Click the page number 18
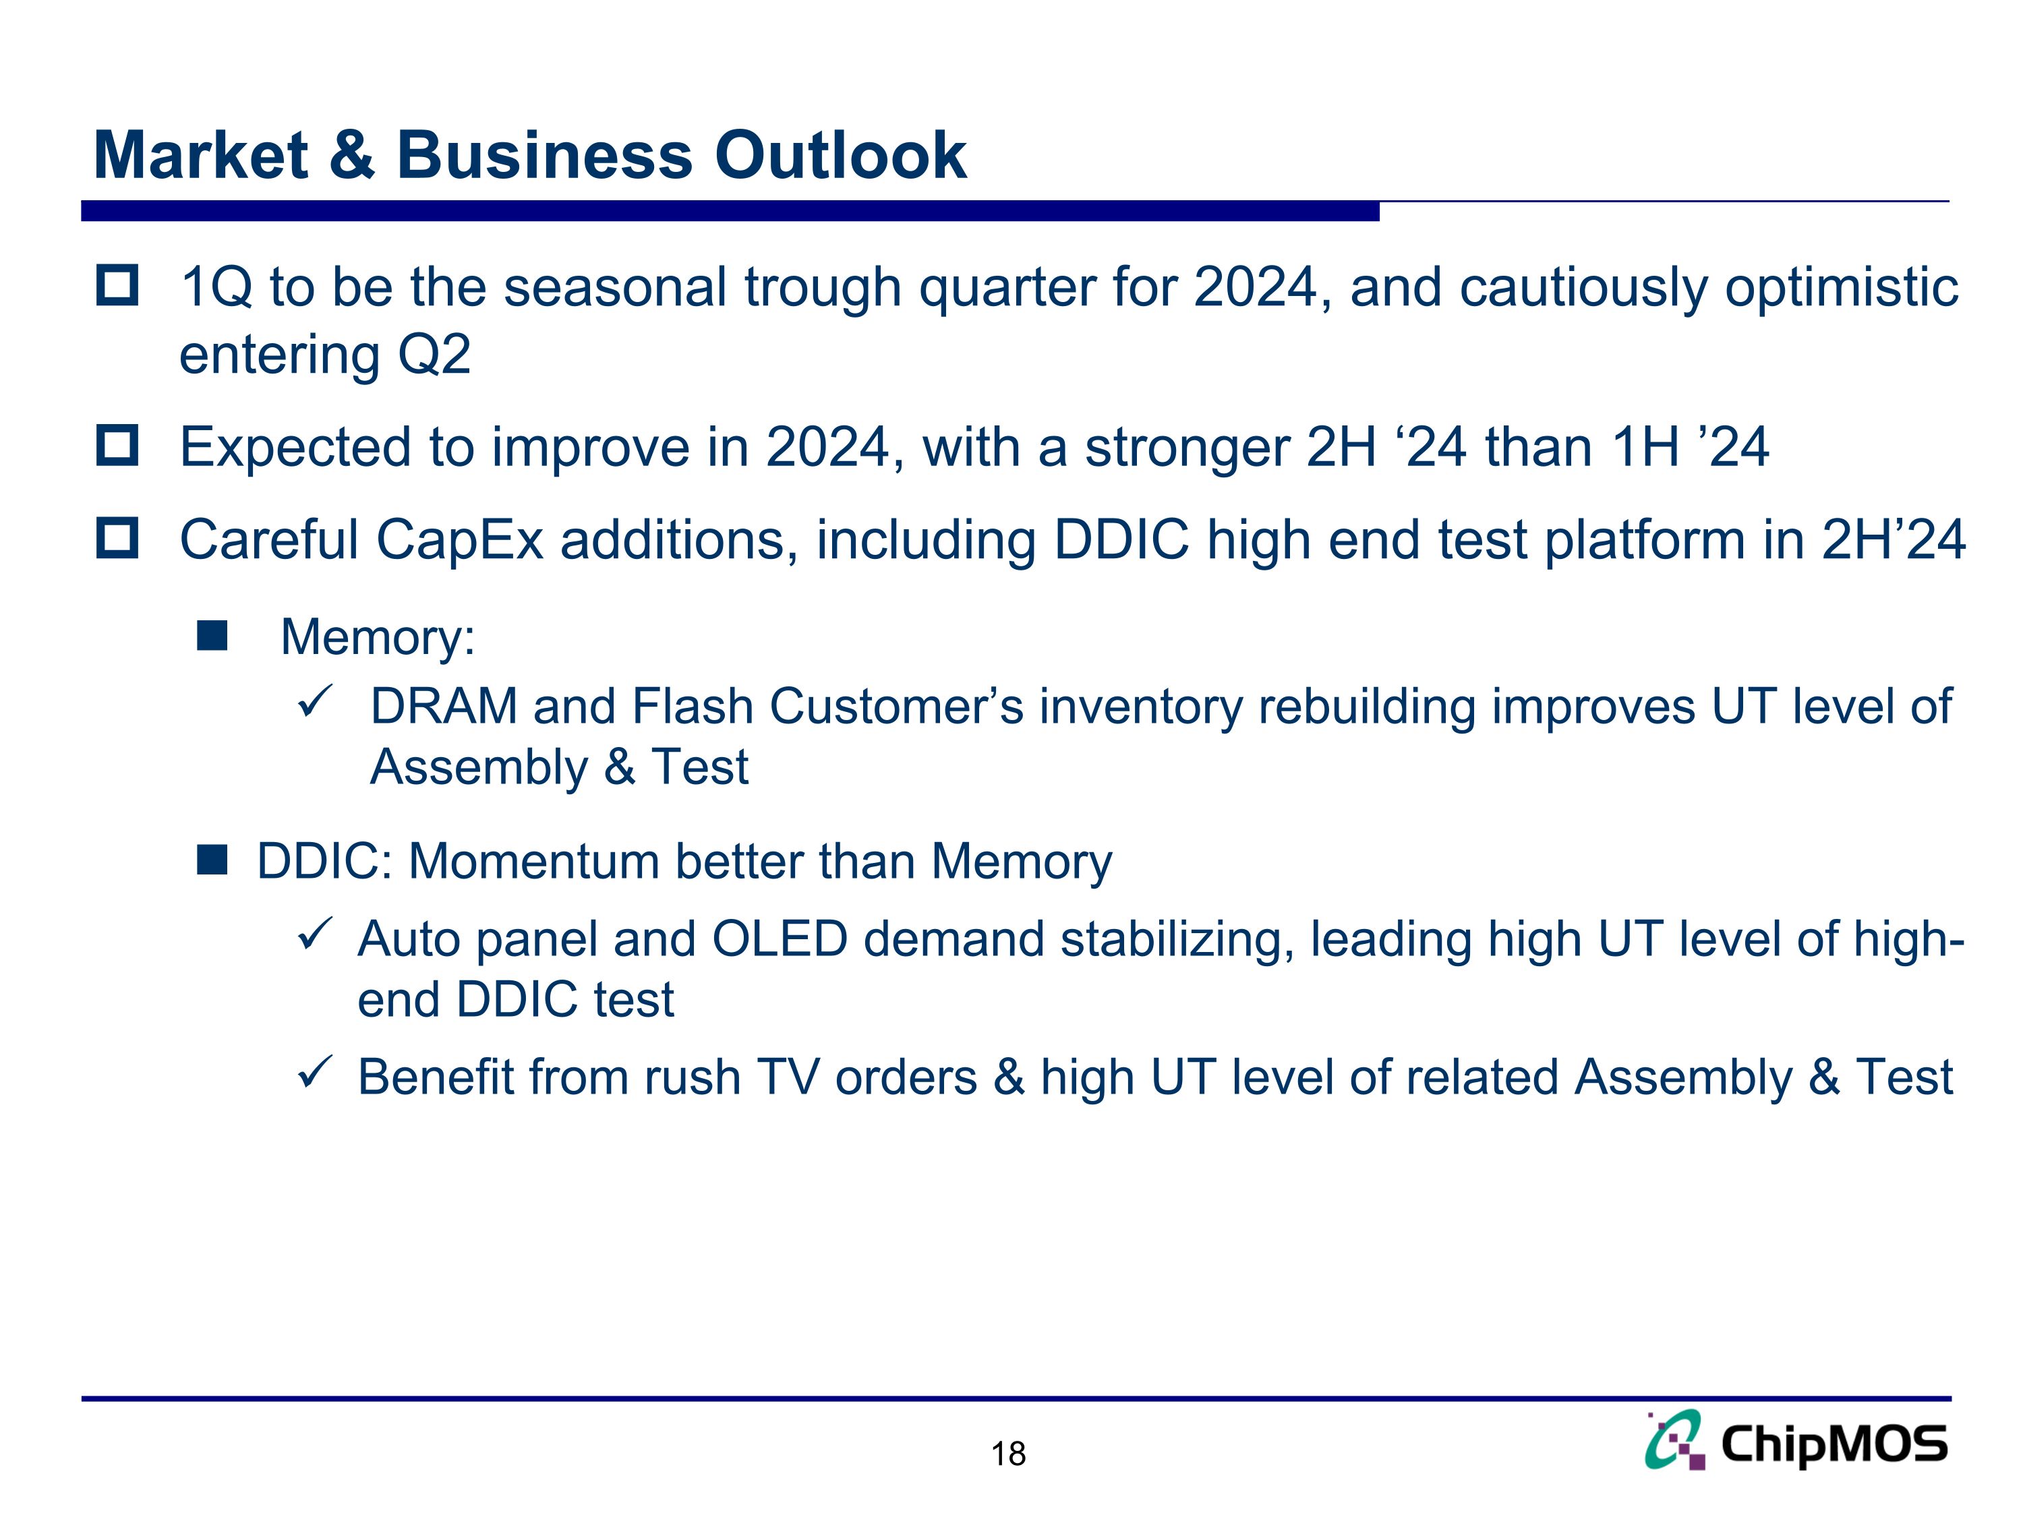[1008, 1454]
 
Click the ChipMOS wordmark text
[1834, 1445]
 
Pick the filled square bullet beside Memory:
[212, 636]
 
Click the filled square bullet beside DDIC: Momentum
[212, 860]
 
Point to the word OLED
[780, 939]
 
